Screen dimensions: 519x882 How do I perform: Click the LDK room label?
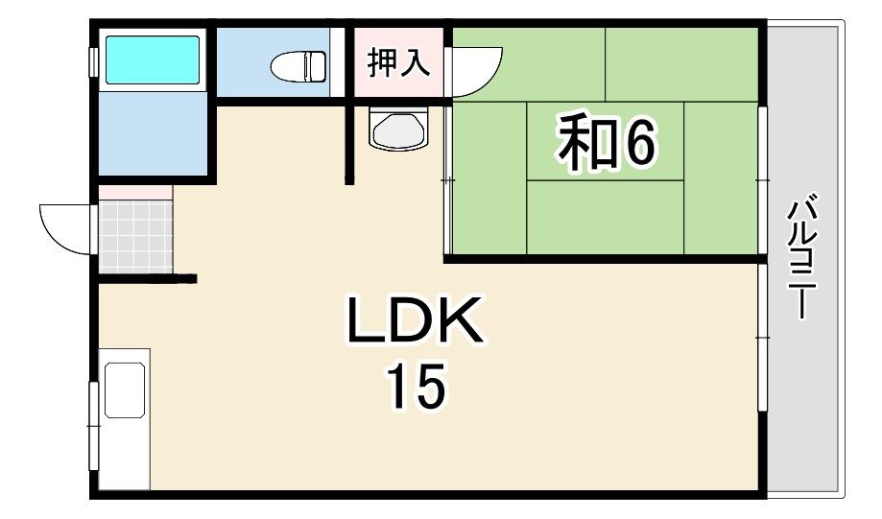(415, 322)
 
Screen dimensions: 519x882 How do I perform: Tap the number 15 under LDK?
(417, 387)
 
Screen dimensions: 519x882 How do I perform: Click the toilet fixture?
(298, 66)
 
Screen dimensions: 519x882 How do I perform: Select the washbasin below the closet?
(397, 130)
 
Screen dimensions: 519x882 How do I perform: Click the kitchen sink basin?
(125, 389)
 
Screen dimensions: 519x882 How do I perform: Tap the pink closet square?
(399, 63)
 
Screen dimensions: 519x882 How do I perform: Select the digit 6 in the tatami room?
(639, 145)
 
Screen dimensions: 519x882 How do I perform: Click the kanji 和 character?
(585, 145)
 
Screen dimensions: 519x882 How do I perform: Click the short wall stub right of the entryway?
(185, 279)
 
